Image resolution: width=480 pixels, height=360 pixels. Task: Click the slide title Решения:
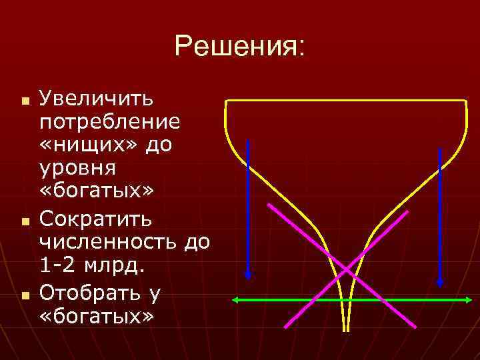coord(239,46)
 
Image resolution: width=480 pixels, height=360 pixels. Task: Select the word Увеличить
coord(97,99)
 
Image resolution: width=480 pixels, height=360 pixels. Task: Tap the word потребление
coord(109,123)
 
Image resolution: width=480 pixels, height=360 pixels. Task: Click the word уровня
coord(78,167)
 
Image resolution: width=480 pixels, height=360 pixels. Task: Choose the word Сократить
coord(96,218)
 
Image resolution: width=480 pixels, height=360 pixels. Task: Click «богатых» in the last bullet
coord(97,314)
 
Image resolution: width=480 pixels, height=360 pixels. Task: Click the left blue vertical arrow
coord(248,207)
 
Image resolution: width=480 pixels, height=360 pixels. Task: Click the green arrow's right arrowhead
coord(468,301)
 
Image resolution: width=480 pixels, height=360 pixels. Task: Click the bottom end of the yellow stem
coord(345,329)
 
